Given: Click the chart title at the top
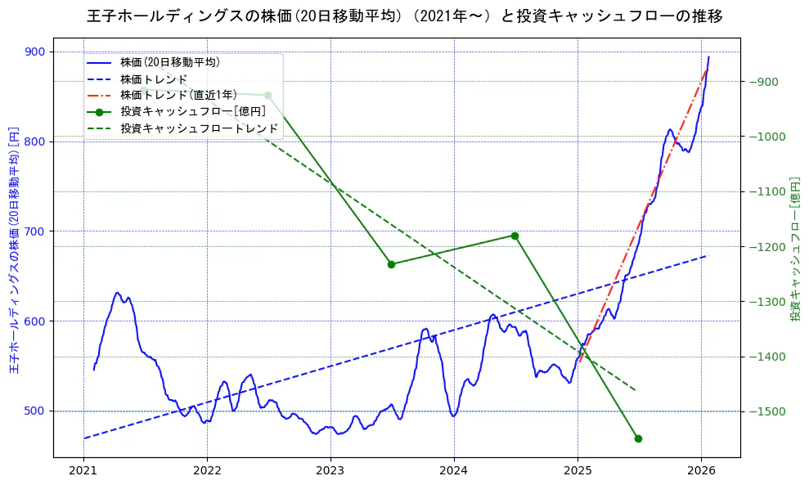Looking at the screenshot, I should click(x=404, y=16).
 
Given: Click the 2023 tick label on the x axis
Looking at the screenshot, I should click(x=330, y=470).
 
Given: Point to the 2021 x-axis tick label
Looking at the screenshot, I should click(x=83, y=470).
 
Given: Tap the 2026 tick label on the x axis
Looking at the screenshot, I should click(x=701, y=470).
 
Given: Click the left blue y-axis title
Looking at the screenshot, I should click(x=14, y=249).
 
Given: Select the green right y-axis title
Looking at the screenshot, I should click(x=794, y=249).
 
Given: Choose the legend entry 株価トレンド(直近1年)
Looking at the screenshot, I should click(x=178, y=95).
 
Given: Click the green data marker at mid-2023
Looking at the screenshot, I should click(x=391, y=264).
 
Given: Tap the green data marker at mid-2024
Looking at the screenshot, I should click(x=515, y=236).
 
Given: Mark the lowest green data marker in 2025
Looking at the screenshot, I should click(x=638, y=438).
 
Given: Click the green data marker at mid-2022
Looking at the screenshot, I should click(x=267, y=96).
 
